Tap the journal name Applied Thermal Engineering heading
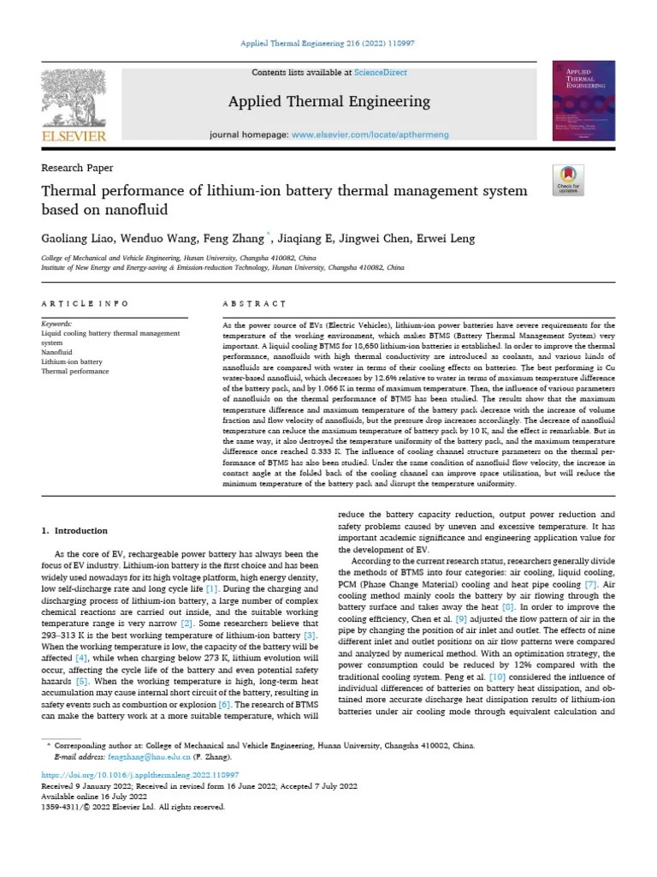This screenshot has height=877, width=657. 328,102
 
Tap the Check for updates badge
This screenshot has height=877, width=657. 568,178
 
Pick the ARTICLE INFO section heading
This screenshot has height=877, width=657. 86,303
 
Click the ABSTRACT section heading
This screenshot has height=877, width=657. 254,303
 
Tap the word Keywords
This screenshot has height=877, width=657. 57,325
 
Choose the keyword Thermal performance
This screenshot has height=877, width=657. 75,372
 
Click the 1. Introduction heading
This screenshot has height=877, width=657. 75,531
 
